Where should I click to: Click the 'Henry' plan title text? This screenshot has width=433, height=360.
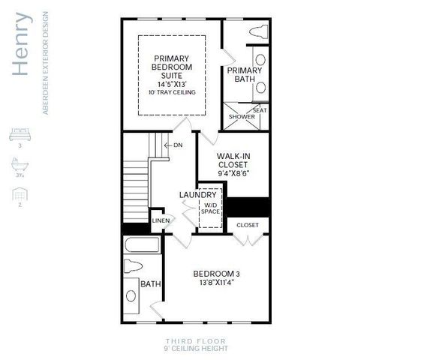pyautogui.click(x=23, y=43)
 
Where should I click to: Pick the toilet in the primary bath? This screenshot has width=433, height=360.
pyautogui.click(x=257, y=32)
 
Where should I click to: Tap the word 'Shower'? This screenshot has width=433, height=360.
pyautogui.click(x=242, y=117)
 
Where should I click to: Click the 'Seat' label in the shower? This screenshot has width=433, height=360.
pyautogui.click(x=259, y=110)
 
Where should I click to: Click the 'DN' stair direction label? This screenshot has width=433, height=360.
pyautogui.click(x=177, y=145)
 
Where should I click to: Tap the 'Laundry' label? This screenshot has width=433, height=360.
pyautogui.click(x=197, y=195)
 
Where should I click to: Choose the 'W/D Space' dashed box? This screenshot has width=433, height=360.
pyautogui.click(x=210, y=207)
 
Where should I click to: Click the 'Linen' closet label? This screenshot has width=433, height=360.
pyautogui.click(x=161, y=220)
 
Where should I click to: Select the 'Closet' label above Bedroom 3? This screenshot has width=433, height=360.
pyautogui.click(x=248, y=224)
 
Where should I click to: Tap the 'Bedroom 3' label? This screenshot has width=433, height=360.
pyautogui.click(x=216, y=273)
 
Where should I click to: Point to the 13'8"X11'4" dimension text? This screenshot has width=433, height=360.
pyautogui.click(x=216, y=284)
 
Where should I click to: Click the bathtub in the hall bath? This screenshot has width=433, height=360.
pyautogui.click(x=140, y=245)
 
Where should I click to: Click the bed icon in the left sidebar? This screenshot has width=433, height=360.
pyautogui.click(x=17, y=134)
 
